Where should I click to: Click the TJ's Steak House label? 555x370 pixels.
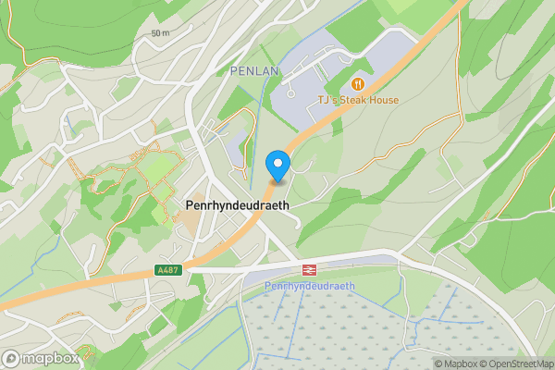[357, 100]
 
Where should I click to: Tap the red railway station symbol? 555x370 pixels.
[309, 270]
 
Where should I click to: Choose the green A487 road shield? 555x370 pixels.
[167, 270]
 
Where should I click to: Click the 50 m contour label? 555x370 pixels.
[161, 33]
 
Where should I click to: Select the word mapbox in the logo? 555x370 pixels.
[51, 359]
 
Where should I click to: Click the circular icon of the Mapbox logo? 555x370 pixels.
[11, 359]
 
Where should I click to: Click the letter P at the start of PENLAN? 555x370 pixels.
[232, 70]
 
